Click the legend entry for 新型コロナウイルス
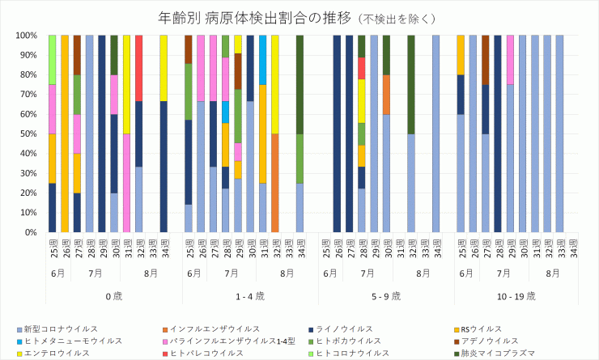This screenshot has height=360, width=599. (x=61, y=329)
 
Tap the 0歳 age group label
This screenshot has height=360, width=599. (x=114, y=296)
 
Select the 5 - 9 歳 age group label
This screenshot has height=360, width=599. (x=387, y=296)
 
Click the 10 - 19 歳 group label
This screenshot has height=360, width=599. (x=516, y=296)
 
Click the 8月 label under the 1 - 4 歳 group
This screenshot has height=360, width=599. (x=287, y=273)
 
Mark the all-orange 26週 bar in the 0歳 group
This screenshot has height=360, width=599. (x=65, y=134)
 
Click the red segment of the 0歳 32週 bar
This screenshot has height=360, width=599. (x=139, y=68)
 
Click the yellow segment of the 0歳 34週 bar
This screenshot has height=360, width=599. (x=164, y=68)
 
